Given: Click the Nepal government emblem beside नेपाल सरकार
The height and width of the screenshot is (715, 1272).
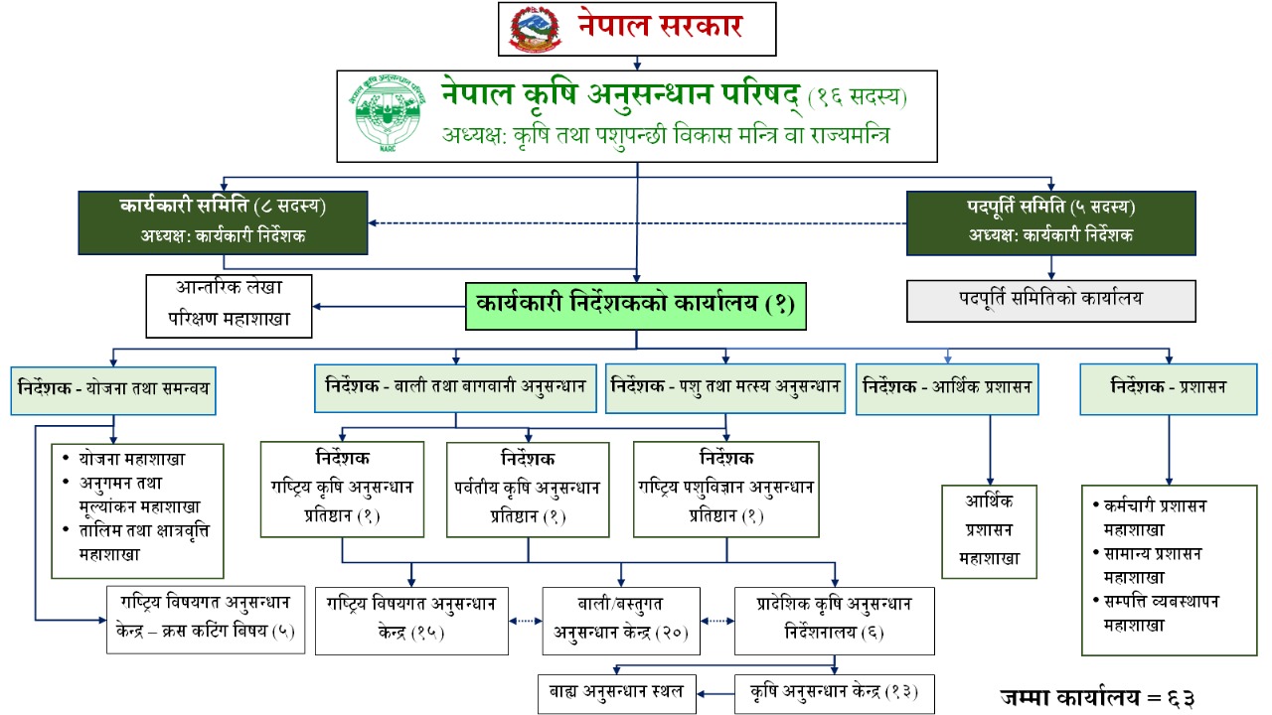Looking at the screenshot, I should coord(535,29).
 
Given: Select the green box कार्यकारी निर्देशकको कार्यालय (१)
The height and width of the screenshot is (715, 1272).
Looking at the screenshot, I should coord(636,306).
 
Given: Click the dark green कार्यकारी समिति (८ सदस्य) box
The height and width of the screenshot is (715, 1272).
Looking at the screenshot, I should coord(224,222).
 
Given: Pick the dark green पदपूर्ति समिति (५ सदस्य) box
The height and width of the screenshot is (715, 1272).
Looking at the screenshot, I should coord(1050,222).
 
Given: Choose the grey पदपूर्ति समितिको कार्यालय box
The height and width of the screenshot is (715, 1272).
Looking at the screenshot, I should coord(1050,299).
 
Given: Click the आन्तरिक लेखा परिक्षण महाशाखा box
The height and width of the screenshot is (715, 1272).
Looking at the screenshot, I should coord(229,306).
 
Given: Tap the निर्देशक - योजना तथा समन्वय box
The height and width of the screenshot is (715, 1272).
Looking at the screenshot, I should coord(114,391).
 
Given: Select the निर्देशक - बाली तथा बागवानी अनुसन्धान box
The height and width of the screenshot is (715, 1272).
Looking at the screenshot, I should coord(456,389).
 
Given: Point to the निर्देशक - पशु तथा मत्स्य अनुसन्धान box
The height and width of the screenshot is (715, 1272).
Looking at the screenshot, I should coord(725,389).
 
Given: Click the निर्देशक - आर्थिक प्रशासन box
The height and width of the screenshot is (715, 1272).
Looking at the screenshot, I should coord(948,390).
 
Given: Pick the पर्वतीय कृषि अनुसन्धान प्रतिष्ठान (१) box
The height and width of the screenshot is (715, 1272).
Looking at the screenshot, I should coord(528,489).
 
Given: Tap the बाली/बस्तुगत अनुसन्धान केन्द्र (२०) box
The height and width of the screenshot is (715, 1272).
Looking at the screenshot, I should coord(621,620).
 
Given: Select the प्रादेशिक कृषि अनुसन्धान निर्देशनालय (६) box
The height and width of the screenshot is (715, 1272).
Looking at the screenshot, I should coord(834,620).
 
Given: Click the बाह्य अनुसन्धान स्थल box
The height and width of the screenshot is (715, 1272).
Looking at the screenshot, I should coord(616,692).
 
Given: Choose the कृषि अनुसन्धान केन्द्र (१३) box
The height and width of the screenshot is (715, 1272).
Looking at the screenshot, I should coord(834,692).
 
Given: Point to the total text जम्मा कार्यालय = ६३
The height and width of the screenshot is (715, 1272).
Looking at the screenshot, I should coord(1096,697).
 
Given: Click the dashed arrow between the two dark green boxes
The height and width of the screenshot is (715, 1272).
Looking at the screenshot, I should coord(637,222).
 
